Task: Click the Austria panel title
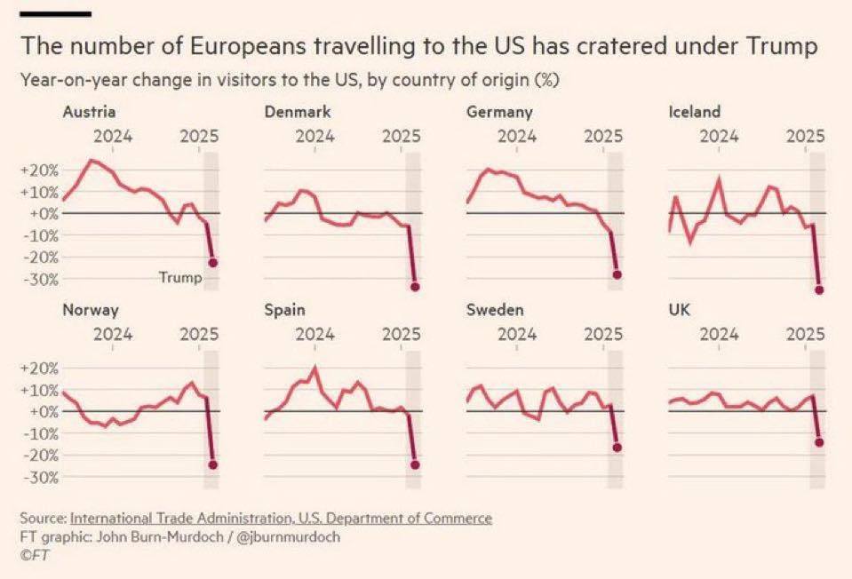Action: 89,112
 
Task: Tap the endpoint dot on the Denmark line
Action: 415,286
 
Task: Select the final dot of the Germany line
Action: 617,275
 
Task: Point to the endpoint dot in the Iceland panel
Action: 819,289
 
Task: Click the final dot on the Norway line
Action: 213,464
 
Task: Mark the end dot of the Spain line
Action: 415,464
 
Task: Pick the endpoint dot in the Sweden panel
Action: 617,448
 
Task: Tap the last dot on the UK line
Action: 819,442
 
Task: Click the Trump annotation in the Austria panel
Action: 180,278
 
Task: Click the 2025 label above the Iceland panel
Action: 805,137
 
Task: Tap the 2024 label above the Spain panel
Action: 315,335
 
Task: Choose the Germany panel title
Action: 498,112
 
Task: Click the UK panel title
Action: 678,310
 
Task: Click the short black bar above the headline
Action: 55,13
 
